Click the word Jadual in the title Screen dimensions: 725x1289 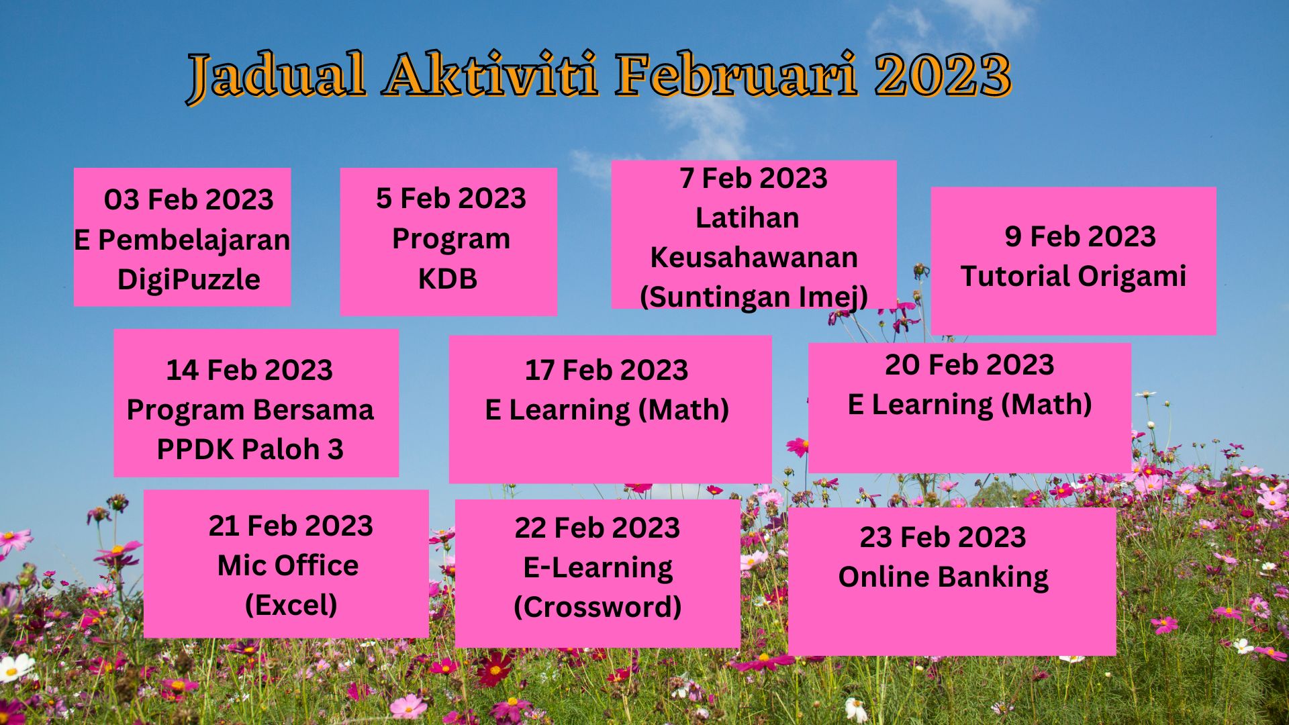pyautogui.click(x=277, y=75)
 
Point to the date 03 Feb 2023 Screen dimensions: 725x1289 pyautogui.click(x=189, y=199)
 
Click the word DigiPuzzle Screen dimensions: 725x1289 pyautogui.click(x=189, y=279)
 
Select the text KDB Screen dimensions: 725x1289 pyautogui.click(x=448, y=279)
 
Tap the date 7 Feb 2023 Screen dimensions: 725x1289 pyautogui.click(x=753, y=178)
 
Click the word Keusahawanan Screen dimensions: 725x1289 pyautogui.click(x=754, y=257)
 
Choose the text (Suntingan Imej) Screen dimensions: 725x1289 pyautogui.click(x=754, y=297)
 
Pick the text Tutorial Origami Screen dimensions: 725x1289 pyautogui.click(x=1073, y=276)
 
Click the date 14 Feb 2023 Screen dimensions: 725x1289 pyautogui.click(x=249, y=370)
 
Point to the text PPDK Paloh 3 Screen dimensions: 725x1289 pyautogui.click(x=250, y=449)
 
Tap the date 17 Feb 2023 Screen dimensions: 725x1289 pyautogui.click(x=606, y=370)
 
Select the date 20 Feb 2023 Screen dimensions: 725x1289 pyautogui.click(x=969, y=365)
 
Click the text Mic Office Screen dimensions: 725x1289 pyautogui.click(x=288, y=565)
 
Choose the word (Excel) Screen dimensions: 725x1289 pyautogui.click(x=291, y=605)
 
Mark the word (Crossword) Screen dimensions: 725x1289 pyautogui.click(x=598, y=607)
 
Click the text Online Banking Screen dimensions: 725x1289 pyautogui.click(x=943, y=577)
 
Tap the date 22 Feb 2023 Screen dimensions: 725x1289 pyautogui.click(x=598, y=528)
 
